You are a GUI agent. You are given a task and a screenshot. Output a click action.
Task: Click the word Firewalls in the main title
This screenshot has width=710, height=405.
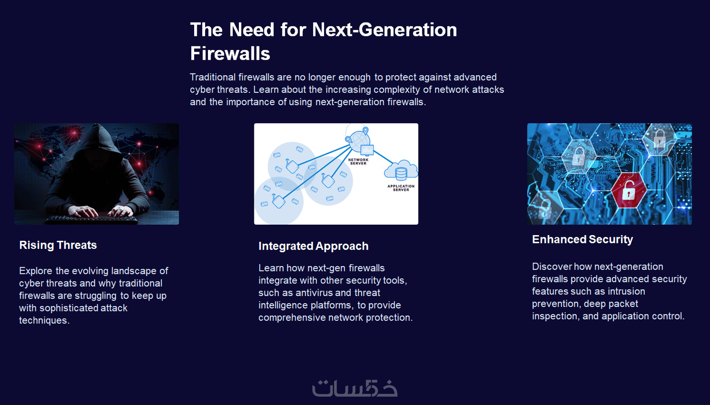coord(230,53)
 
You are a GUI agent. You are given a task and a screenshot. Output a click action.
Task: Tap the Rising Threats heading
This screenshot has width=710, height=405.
coord(58,245)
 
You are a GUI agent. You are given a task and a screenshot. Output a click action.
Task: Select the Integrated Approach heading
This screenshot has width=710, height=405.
coord(314,246)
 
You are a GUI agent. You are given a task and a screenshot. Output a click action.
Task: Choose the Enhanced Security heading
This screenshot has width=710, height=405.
coord(583,240)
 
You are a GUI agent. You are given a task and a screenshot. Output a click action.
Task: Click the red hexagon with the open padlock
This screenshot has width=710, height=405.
coord(628,190)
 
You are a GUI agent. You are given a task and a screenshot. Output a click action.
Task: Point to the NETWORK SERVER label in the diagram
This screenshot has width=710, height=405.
coord(358,162)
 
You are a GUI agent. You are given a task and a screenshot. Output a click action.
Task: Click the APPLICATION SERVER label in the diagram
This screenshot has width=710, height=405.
coord(401,188)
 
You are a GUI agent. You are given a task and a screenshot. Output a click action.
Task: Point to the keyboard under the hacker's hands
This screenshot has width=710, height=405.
coord(92,219)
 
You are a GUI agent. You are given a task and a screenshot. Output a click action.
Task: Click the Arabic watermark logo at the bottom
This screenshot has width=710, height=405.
coord(355,388)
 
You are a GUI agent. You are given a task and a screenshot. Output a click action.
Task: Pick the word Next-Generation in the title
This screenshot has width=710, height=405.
coord(385,30)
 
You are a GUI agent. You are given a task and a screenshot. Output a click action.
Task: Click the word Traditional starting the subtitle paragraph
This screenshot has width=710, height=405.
coord(213,77)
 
